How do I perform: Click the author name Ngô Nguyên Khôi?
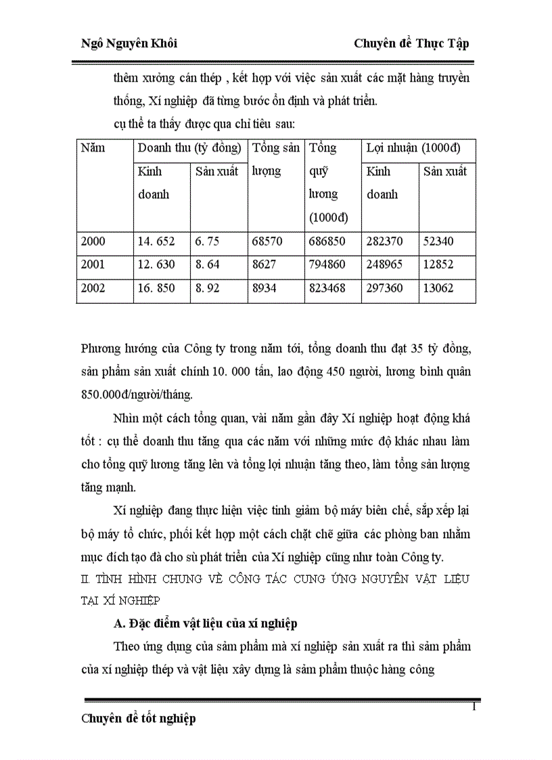coord(129,43)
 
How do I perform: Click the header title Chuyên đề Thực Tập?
coord(411,43)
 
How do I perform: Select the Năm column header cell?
coord(93,148)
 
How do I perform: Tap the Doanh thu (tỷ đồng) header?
coord(189,148)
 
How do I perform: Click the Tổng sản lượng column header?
coord(275,159)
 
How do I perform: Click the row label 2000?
coord(93,242)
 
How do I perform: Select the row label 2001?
coord(93,265)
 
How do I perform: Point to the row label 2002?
coord(93,288)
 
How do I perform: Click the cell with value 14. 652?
coord(156,242)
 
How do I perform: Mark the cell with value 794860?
coord(327,265)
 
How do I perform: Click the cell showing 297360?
coord(385,288)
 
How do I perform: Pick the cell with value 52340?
coord(439,242)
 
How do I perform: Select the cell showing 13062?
coord(439,288)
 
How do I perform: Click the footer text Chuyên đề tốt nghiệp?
coord(139,719)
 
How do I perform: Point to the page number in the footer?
coord(474,707)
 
